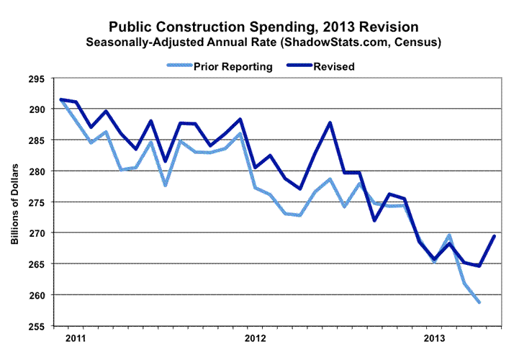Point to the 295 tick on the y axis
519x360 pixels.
pyautogui.click(x=36, y=78)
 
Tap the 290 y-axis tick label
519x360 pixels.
pyautogui.click(x=36, y=109)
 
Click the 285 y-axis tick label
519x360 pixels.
pyautogui.click(x=36, y=140)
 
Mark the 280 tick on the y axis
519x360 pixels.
pyautogui.click(x=36, y=171)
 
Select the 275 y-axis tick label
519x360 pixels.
pyautogui.click(x=36, y=202)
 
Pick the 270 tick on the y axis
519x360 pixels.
pyautogui.click(x=36, y=233)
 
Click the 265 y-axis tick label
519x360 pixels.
pyautogui.click(x=36, y=264)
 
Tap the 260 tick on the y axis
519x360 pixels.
pyautogui.click(x=36, y=295)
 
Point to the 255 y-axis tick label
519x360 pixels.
pyautogui.click(x=36, y=326)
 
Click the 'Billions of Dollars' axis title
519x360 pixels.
pyautogui.click(x=14, y=202)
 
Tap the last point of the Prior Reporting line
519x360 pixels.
pyautogui.click(x=479, y=302)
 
